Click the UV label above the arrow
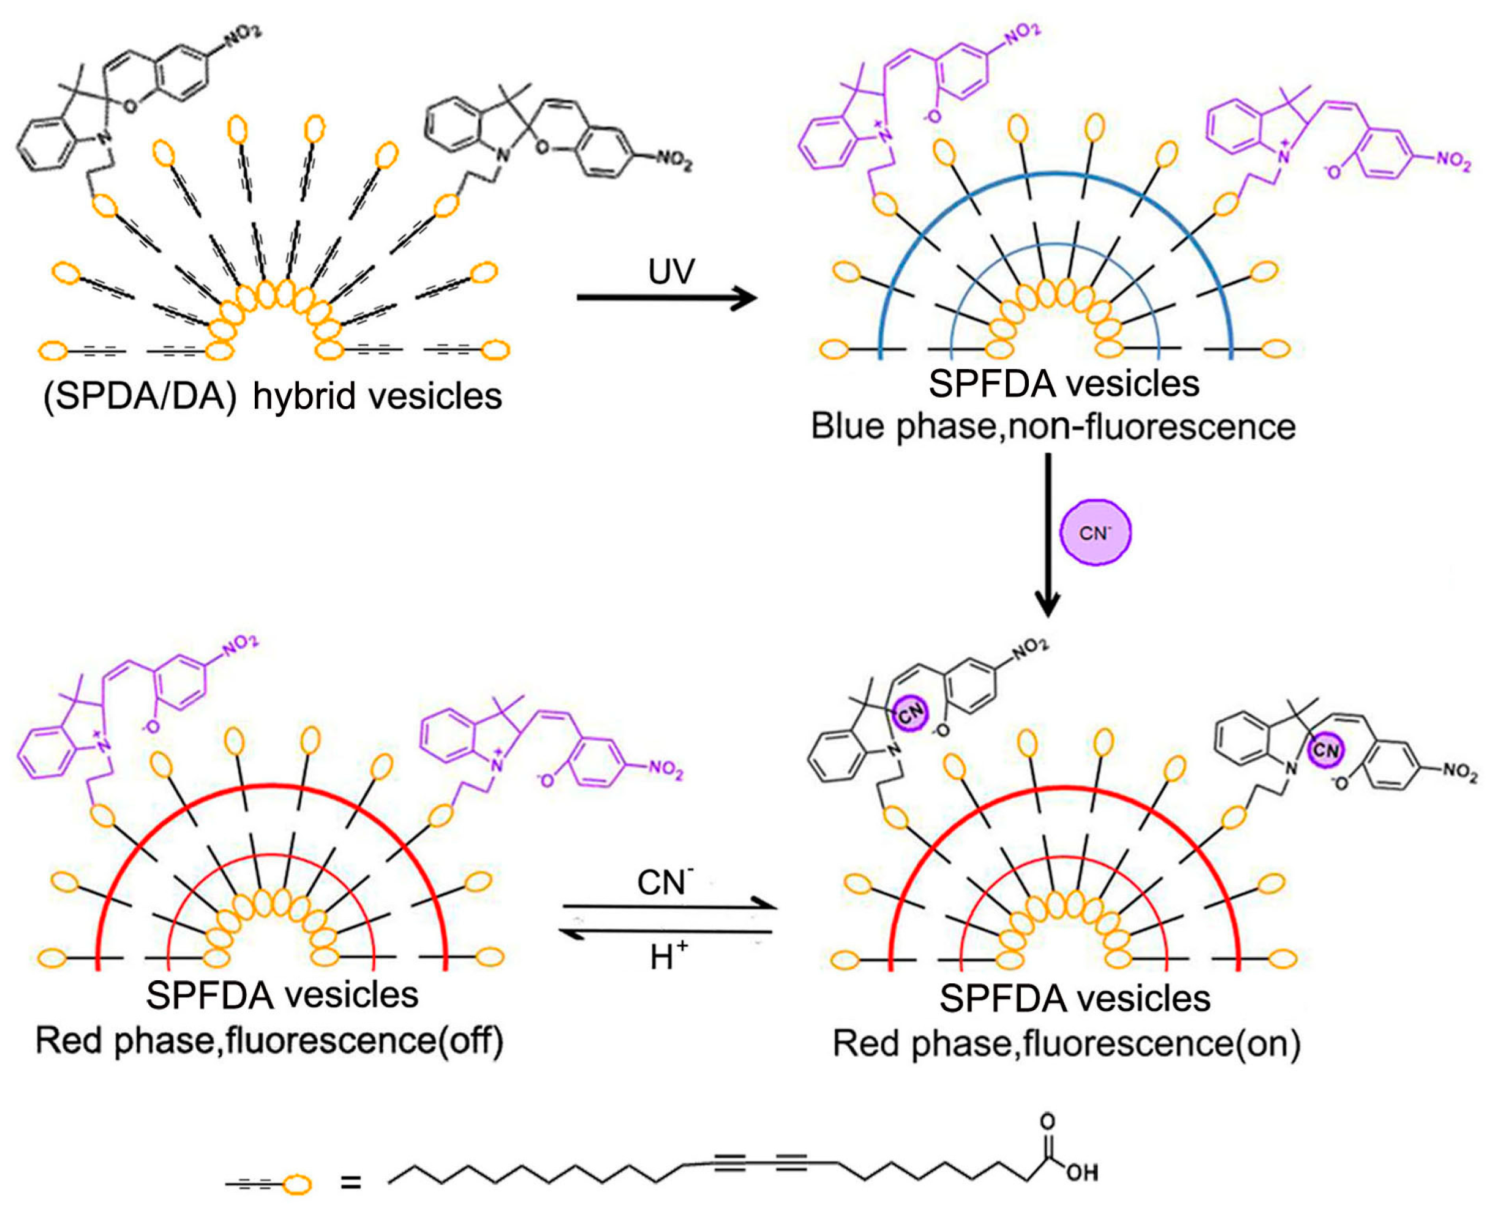tap(671, 271)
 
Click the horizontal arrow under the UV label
tap(666, 298)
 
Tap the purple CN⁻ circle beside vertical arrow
tap(1095, 533)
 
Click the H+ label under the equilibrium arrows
tap(668, 959)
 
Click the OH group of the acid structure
tap(1082, 1173)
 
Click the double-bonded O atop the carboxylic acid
tap(1047, 1121)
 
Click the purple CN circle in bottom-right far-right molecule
tap(1325, 750)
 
